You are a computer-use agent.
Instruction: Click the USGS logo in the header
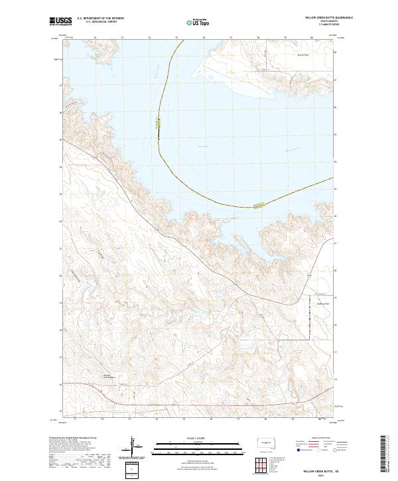60,22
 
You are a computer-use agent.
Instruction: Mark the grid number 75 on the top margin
176,38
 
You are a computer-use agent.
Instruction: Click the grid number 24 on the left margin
61,167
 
